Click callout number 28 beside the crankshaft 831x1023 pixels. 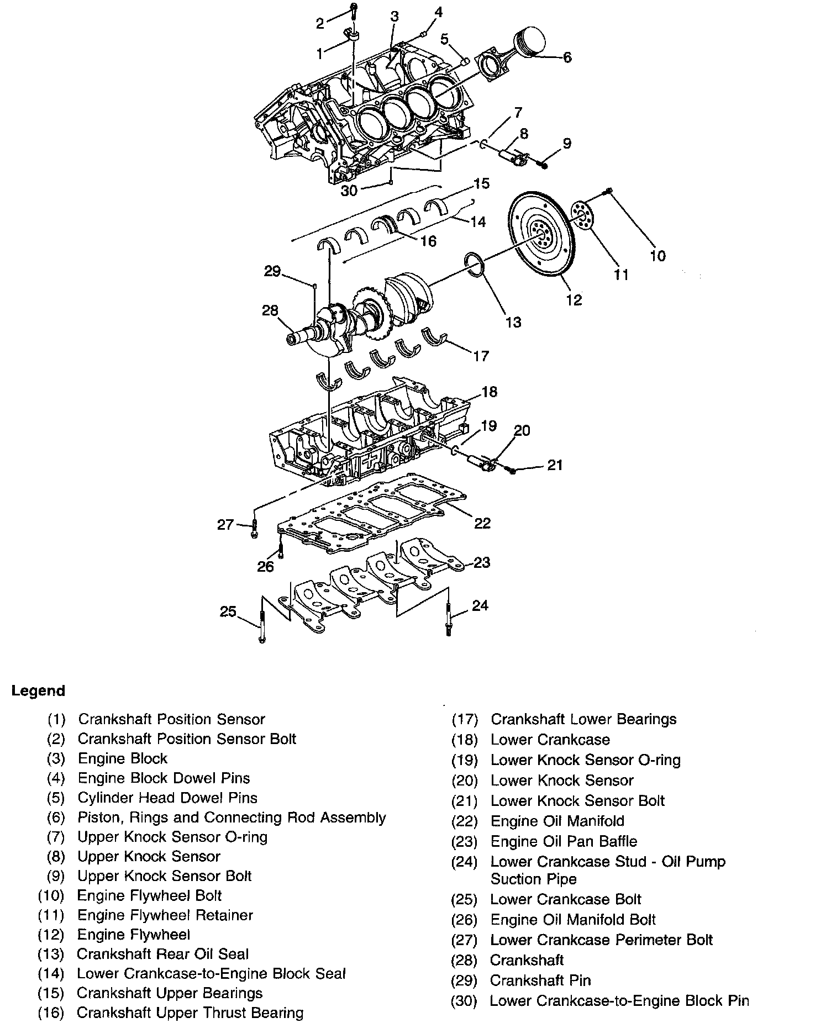(270, 311)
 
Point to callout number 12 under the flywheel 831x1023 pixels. (574, 299)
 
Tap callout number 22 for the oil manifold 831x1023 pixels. (482, 523)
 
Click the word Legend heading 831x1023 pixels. (38, 691)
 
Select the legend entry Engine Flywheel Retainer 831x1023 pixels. (165, 915)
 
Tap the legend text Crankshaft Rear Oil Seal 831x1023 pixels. (162, 954)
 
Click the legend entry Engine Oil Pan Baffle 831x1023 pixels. (564, 841)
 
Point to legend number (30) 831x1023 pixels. (464, 1001)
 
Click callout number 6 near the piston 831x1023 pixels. (567, 57)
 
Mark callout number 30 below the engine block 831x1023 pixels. (349, 191)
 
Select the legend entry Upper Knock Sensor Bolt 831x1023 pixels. (164, 876)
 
